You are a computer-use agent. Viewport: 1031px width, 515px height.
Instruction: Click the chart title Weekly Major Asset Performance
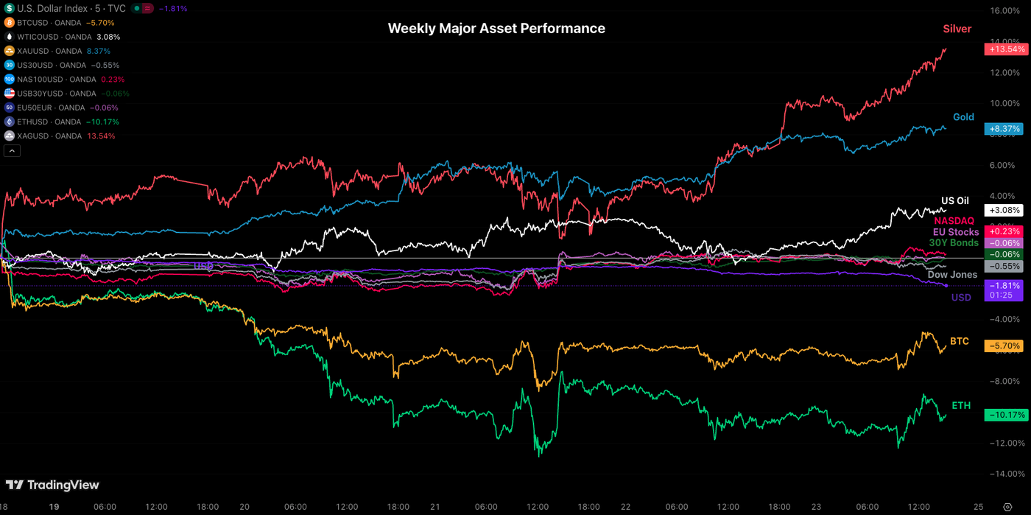[x=496, y=29]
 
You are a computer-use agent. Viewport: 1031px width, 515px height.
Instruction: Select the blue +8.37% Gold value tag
[x=1004, y=129]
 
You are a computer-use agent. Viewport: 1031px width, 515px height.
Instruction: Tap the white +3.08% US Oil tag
[x=1004, y=210]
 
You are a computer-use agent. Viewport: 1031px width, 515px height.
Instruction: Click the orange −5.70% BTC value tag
[x=1004, y=346]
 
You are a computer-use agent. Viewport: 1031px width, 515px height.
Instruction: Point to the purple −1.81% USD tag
[x=1004, y=286]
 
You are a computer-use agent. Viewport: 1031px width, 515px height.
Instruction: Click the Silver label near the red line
[x=957, y=29]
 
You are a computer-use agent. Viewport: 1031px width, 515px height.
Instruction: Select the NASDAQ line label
[x=954, y=220]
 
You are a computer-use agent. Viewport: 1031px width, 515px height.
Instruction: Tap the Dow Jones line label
[x=952, y=275]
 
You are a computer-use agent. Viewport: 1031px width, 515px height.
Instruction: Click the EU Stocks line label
[x=956, y=232]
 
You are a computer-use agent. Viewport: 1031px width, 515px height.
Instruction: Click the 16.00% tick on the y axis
[x=1005, y=11]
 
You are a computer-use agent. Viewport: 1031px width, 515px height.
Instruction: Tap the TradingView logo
[x=52, y=485]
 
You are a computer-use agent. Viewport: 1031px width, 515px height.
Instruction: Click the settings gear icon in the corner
[x=1007, y=507]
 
